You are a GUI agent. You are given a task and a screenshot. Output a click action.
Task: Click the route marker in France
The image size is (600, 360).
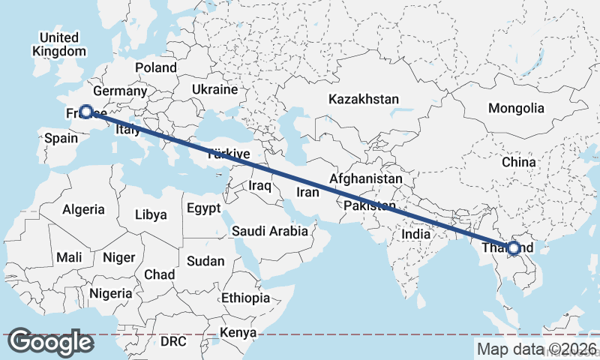coord(86,112)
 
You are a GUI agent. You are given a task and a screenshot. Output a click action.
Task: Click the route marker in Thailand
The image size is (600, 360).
coord(514,247)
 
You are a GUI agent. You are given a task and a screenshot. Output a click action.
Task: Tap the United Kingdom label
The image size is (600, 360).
coord(59,44)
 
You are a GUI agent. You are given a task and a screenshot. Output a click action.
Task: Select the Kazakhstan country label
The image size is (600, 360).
coord(364,99)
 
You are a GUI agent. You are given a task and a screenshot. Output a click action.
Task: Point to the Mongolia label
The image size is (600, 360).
coord(516,108)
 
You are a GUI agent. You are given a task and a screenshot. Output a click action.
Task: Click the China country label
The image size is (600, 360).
coord(519,162)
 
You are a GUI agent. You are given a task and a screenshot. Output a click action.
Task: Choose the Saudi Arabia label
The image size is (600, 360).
coord(270,231)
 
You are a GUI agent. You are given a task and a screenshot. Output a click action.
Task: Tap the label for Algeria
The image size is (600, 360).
coord(83,209)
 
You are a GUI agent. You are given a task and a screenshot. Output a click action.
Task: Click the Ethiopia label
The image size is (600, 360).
coord(245,298)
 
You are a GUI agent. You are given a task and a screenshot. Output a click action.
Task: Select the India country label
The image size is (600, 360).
coord(416,234)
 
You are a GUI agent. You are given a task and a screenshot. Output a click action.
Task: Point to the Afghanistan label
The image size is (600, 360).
coord(366,180)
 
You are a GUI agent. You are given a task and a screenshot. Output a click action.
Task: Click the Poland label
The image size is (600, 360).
coord(156,67)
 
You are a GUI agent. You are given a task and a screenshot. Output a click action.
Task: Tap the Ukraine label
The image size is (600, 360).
coord(214,89)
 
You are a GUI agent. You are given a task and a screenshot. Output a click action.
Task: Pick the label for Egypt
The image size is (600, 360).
coord(204,208)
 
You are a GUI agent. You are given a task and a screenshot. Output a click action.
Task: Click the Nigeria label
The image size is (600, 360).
coord(110,293)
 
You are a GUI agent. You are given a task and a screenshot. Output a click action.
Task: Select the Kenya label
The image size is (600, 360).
coord(239,332)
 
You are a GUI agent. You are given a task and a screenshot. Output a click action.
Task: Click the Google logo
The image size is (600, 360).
coord(51,342)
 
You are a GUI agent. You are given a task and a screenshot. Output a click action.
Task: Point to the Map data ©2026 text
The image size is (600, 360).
coord(536,349)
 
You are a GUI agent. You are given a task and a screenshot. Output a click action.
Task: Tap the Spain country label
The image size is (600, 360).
coord(61,138)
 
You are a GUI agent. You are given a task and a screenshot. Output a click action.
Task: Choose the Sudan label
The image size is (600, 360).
coord(205,261)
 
